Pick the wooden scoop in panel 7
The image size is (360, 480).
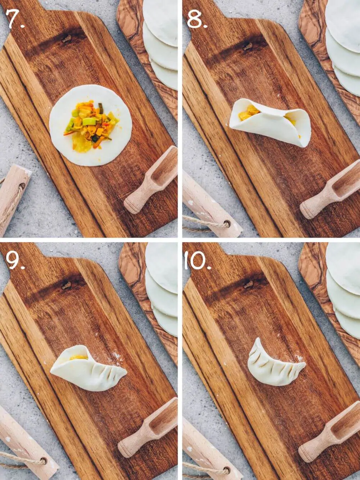tap(151, 180)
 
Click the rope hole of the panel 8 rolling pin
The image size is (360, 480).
tap(227, 224)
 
